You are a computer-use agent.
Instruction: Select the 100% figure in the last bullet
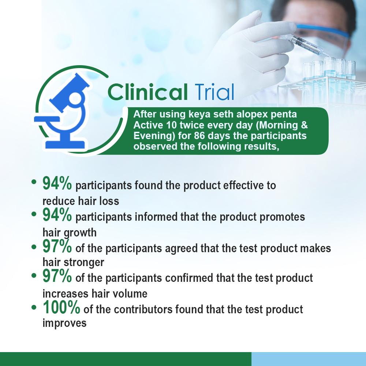click(61, 308)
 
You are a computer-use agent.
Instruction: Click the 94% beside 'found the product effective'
click(57, 184)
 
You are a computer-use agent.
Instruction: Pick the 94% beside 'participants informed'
click(57, 215)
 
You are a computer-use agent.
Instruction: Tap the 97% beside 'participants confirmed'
click(57, 277)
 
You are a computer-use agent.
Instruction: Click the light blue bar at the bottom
click(309, 359)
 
